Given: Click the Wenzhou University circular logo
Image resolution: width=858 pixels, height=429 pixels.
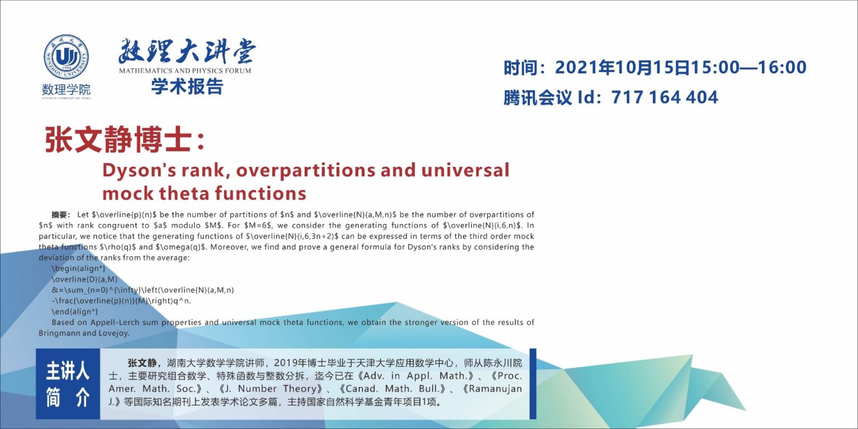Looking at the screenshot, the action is click(66, 57).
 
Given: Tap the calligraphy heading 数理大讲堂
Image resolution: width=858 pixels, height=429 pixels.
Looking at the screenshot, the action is click(187, 51).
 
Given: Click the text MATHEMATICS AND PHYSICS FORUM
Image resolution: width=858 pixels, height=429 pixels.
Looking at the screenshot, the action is click(185, 71).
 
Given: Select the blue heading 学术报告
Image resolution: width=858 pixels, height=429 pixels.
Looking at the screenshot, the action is click(187, 86).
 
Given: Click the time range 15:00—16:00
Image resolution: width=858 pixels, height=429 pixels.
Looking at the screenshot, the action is click(748, 68).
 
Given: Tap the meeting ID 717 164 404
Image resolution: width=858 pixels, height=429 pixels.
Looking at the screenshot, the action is click(665, 97).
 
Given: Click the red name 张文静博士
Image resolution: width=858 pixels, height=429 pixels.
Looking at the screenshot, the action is click(118, 140).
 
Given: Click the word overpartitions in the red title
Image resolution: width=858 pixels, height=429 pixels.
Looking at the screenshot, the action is click(305, 171).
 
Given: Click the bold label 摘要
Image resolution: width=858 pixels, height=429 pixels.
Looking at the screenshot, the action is click(60, 214).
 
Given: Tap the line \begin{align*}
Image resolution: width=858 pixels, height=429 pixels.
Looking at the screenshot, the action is click(78, 269).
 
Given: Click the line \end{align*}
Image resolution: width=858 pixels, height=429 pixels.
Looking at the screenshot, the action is click(75, 312).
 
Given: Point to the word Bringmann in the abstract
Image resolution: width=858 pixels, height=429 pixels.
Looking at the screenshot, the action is click(58, 333).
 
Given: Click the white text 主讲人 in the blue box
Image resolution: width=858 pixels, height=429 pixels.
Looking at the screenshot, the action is click(68, 371).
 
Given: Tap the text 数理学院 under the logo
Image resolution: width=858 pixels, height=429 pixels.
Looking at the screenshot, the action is click(67, 90).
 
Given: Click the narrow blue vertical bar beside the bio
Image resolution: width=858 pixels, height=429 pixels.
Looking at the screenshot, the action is click(533, 384).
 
